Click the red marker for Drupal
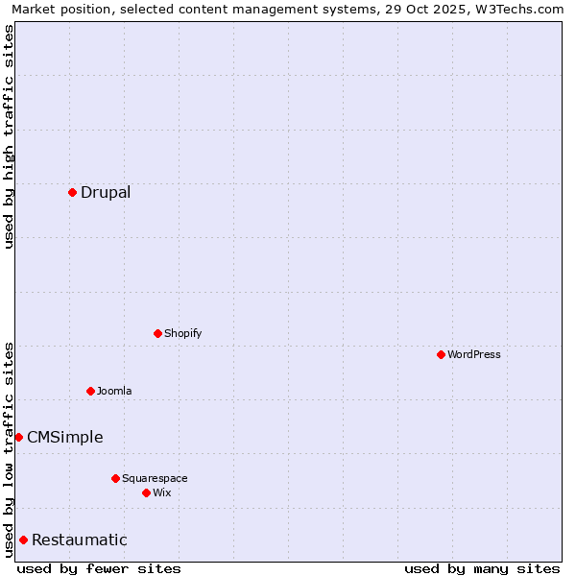pos(72,193)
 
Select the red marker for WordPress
pos(441,355)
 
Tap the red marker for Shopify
pos(157,334)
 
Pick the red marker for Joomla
pos(90,391)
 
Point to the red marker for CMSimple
pos(18,438)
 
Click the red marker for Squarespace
pos(115,478)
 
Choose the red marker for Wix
pos(146,492)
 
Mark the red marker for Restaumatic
pos(23,540)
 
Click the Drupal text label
pos(106,193)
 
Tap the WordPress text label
pos(474,355)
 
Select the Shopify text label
pos(182,334)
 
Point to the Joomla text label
pos(114,391)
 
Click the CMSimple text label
pos(64,438)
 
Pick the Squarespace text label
pos(155,478)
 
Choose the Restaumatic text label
pos(79,540)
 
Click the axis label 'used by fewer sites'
pos(99,568)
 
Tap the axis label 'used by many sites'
pos(482,568)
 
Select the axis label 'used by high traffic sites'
pos(9,137)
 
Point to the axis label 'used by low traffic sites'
pos(9,449)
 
